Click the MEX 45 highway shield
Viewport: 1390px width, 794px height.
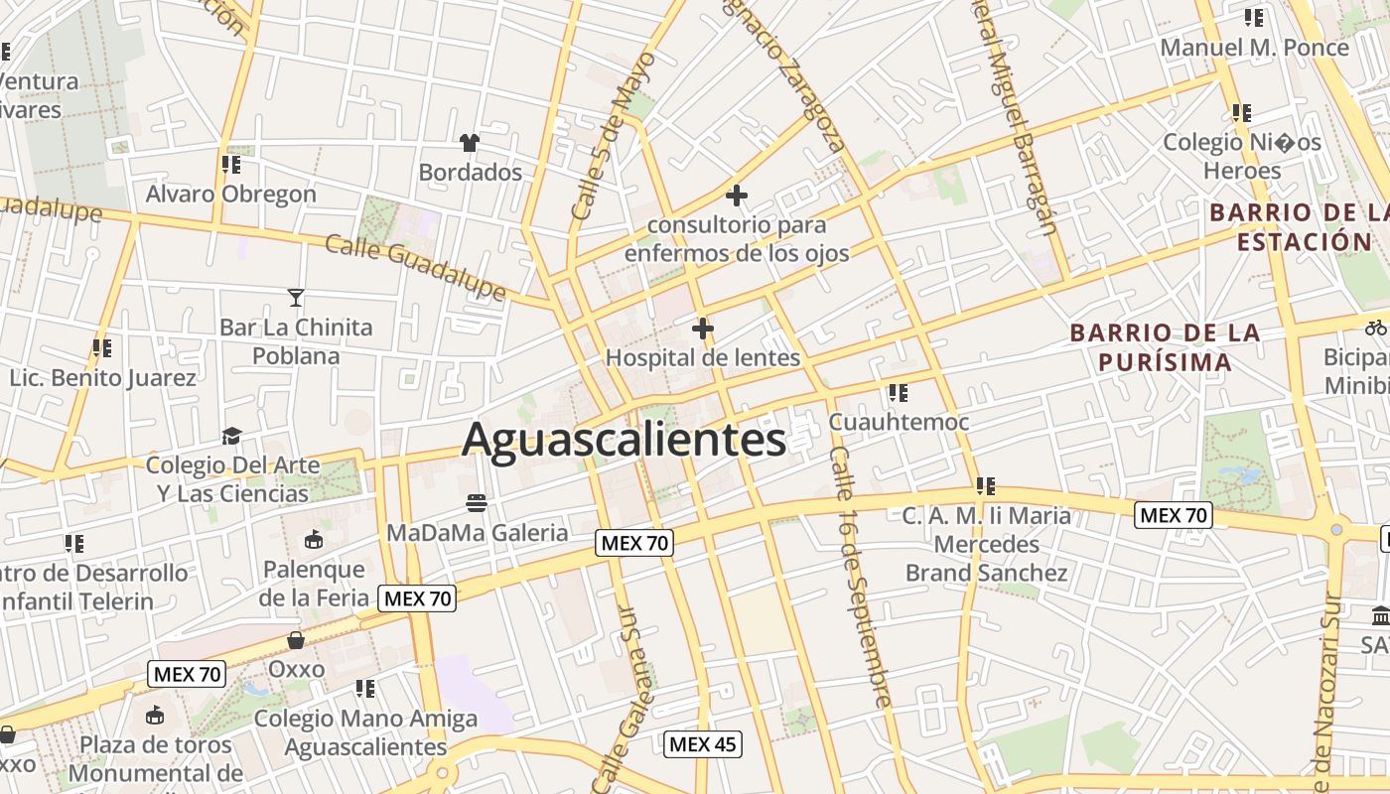pyautogui.click(x=703, y=744)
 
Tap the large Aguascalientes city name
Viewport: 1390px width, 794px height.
pyautogui.click(x=624, y=439)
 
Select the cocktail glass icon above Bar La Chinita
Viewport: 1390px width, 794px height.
pyautogui.click(x=296, y=297)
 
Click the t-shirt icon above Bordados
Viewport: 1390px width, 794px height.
pyautogui.click(x=470, y=143)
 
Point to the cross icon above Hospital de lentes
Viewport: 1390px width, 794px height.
pyautogui.click(x=703, y=328)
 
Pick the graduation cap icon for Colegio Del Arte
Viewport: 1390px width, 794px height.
pyautogui.click(x=231, y=436)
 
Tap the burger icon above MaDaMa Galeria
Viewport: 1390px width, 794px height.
pyautogui.click(x=477, y=502)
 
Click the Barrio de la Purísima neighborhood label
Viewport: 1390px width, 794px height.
pyautogui.click(x=1166, y=347)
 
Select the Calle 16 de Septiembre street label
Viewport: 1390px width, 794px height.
pyautogui.click(x=860, y=576)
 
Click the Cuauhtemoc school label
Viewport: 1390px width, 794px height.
pyautogui.click(x=899, y=422)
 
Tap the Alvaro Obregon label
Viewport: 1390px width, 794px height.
pyautogui.click(x=231, y=194)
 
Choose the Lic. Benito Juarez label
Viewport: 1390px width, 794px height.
pyautogui.click(x=103, y=378)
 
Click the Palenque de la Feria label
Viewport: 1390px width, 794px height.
pyautogui.click(x=314, y=584)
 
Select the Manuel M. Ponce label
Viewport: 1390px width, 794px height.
pyautogui.click(x=1255, y=47)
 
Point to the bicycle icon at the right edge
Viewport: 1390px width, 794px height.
pyautogui.click(x=1375, y=327)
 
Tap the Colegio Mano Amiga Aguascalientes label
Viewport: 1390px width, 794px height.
pyautogui.click(x=365, y=731)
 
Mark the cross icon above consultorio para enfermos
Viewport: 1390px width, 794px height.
pyautogui.click(x=736, y=196)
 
